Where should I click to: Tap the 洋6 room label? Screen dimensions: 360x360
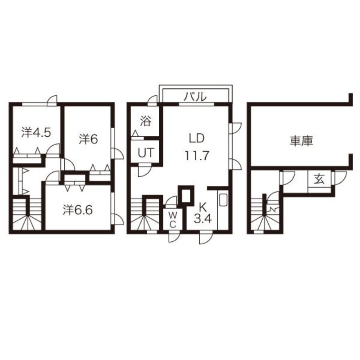click(x=88, y=139)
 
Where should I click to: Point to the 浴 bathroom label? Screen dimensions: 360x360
click(x=145, y=120)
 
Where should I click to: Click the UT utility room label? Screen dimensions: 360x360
click(x=145, y=153)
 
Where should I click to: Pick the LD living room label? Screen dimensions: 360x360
click(x=196, y=137)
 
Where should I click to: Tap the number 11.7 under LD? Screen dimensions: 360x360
click(x=196, y=156)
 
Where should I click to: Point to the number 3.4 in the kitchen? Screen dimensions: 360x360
click(x=201, y=220)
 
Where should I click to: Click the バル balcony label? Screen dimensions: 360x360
click(x=196, y=96)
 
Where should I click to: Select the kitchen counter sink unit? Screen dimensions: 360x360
click(x=223, y=200)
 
